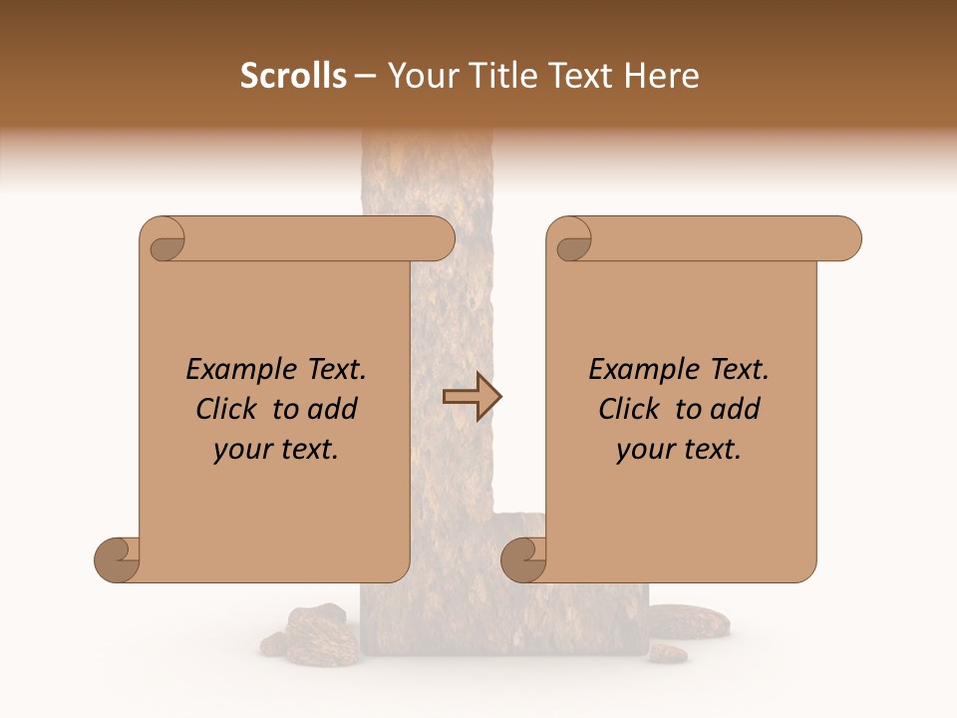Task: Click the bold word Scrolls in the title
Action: [293, 76]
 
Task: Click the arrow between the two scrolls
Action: [472, 397]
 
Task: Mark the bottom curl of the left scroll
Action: [117, 559]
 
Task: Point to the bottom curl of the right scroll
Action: [523, 559]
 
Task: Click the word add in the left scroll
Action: [334, 409]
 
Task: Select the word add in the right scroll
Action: [737, 409]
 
